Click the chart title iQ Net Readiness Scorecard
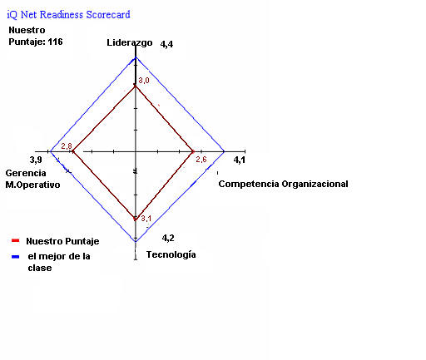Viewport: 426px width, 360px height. [68, 14]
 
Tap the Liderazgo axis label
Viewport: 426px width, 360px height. [130, 42]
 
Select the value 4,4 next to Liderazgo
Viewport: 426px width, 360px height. [166, 44]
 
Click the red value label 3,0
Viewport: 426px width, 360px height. [144, 81]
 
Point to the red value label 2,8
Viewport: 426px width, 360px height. [67, 146]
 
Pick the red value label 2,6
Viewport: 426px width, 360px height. [201, 160]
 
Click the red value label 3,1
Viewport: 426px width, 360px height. [146, 219]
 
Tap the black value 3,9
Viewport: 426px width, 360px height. [36, 160]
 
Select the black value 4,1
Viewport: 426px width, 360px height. [240, 160]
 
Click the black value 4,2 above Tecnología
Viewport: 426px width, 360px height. [168, 238]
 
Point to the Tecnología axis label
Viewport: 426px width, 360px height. [171, 254]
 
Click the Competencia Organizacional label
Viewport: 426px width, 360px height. [283, 184]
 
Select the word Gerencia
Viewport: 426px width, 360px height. [26, 173]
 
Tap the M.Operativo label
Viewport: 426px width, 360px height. [32, 185]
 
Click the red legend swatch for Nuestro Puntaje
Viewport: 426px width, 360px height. [16, 240]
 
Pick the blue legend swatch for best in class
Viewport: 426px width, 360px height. [16, 257]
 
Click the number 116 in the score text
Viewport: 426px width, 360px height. [55, 42]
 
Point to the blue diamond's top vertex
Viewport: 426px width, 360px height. [136, 57]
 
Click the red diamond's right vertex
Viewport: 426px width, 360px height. [193, 151]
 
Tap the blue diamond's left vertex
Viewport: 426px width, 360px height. [50, 151]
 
